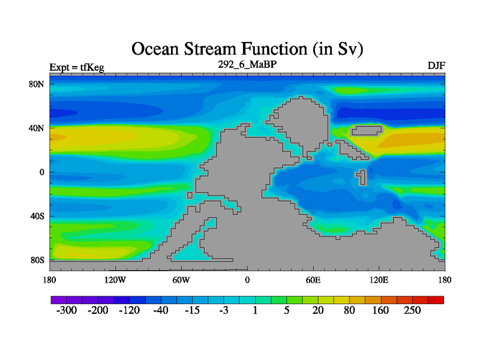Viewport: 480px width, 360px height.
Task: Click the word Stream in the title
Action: point(211,49)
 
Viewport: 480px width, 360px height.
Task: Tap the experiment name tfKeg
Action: point(92,67)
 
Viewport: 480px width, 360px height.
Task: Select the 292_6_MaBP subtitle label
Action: point(247,65)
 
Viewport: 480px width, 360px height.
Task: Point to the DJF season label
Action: point(436,66)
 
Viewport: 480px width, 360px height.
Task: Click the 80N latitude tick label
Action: point(37,84)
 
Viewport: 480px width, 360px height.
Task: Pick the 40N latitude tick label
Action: point(37,128)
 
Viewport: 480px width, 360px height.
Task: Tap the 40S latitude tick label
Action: point(37,217)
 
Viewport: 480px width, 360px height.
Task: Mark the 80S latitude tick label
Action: point(37,260)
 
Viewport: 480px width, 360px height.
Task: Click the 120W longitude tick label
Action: point(115,280)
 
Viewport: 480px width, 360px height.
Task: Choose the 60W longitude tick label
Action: point(181,280)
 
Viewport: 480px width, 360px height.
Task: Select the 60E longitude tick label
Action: point(313,280)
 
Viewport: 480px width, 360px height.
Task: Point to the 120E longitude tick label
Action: point(379,280)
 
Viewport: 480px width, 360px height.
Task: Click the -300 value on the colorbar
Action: point(67,310)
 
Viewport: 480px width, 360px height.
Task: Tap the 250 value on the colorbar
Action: point(412,310)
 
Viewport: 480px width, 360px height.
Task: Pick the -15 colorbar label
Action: point(192,310)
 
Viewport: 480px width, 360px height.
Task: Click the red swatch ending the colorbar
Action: point(436,300)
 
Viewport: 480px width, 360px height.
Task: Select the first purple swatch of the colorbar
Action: point(59,300)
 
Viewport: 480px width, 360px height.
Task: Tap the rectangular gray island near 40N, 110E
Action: point(367,131)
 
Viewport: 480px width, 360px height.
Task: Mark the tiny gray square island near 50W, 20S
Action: point(190,196)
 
